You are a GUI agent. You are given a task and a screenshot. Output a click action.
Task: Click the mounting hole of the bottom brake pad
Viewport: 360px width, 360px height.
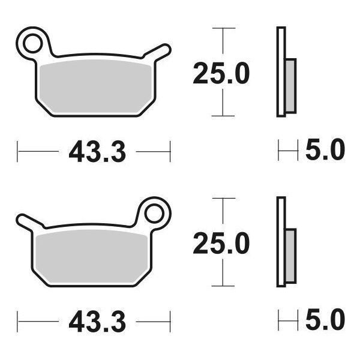point(155,212)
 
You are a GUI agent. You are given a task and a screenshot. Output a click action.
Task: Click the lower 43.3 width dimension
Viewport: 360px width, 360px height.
point(97,323)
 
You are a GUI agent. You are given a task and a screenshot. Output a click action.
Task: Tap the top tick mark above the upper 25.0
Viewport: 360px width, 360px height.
point(224,28)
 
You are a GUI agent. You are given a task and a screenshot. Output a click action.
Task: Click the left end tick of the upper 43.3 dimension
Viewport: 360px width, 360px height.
point(17,151)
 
